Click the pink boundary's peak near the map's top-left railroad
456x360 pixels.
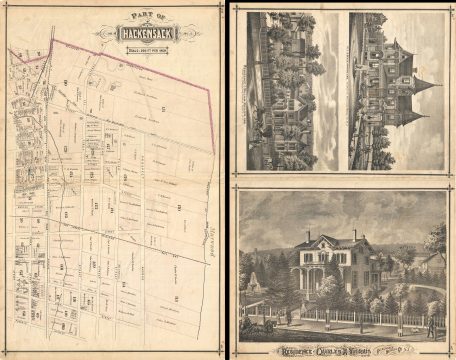pos(50,41)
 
